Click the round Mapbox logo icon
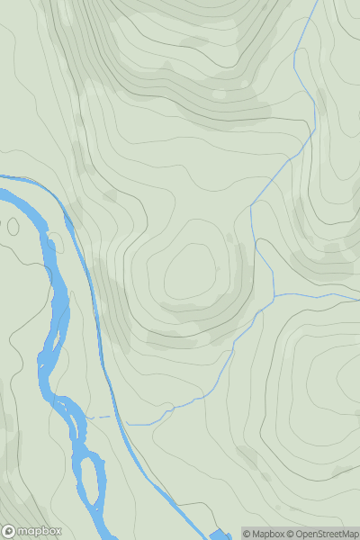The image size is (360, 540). [x=9, y=531]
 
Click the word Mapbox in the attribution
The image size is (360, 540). [x=266, y=534]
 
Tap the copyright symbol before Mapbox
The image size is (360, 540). [x=247, y=534]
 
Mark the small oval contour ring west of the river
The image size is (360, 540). [x=13, y=225]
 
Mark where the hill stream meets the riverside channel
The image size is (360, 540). [x=127, y=423]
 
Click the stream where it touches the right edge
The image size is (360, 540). [x=358, y=292]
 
